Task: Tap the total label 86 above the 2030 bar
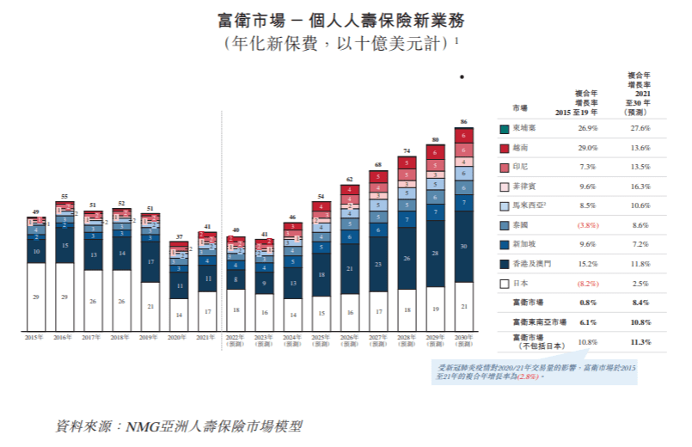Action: point(464,122)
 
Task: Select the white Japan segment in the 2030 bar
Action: point(464,306)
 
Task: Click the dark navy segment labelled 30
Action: point(464,246)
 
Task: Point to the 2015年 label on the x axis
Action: point(35,338)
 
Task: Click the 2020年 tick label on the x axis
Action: point(179,338)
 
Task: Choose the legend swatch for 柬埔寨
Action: point(504,128)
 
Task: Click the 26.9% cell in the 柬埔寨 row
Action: point(587,128)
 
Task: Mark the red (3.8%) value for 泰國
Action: point(587,224)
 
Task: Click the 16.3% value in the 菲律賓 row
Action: point(640,186)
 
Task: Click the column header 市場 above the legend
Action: point(520,109)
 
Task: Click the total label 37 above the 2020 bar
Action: point(179,236)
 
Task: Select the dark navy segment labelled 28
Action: point(436,254)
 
